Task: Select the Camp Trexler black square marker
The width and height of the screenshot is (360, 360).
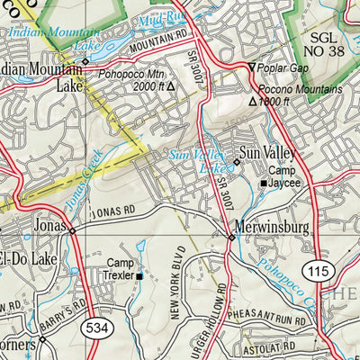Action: (139, 275)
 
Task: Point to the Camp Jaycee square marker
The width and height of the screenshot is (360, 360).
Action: (264, 184)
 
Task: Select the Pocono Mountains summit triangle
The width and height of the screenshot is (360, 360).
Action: (253, 102)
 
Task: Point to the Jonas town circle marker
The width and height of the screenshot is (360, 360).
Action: (73, 230)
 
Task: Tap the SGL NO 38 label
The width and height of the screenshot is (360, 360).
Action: (327, 46)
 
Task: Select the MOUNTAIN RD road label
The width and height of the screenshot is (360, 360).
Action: (161, 39)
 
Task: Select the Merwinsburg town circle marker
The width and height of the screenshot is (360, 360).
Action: (231, 238)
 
